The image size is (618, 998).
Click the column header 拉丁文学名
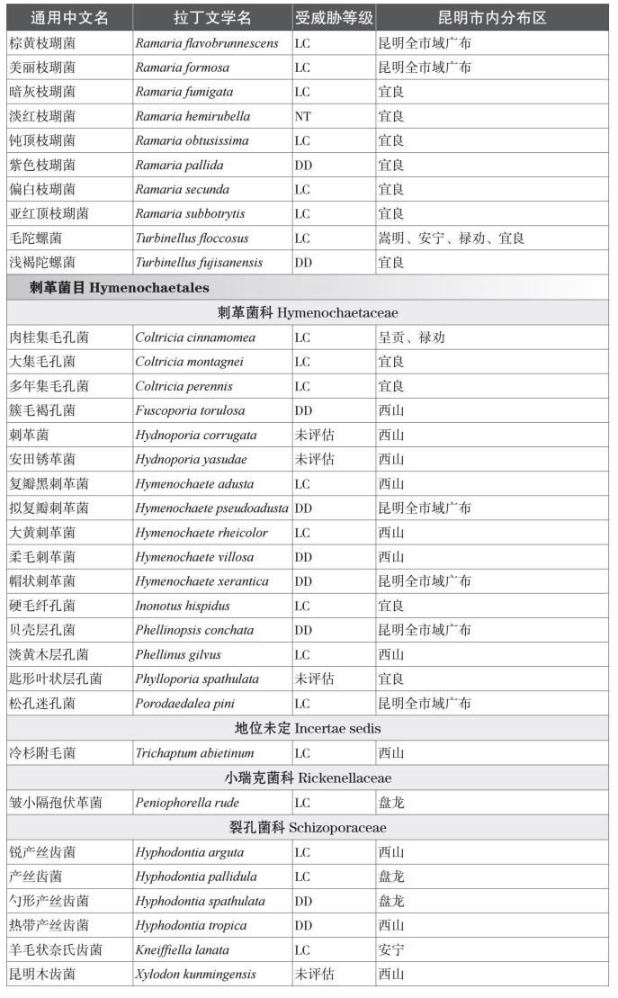212,18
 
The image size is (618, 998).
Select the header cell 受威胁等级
334,18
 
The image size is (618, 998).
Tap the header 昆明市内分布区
492,18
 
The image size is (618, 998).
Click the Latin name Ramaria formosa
182,67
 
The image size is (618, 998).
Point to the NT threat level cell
303,116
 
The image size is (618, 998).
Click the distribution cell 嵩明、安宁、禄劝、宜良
451,238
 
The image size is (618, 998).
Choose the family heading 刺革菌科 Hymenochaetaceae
309,312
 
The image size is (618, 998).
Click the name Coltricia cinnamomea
195,337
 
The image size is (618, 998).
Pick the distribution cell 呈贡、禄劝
411,337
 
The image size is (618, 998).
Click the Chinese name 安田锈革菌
42,459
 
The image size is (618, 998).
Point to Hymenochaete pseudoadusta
212,508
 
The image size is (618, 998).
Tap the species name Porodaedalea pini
184,704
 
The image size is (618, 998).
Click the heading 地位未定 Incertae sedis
309,728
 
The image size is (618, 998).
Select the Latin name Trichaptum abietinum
194,753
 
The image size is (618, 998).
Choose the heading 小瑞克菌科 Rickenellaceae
309,778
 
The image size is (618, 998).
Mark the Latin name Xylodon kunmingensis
195,974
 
